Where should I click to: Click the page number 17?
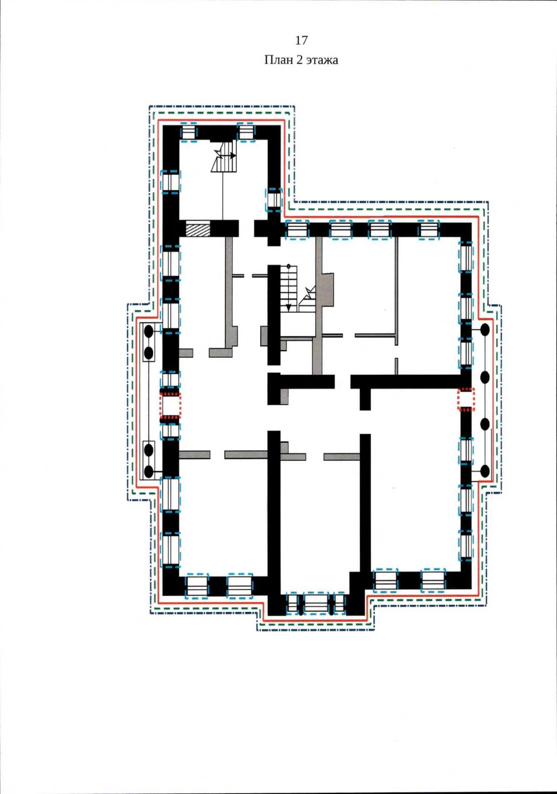click(301, 41)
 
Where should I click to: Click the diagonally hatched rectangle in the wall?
click(198, 229)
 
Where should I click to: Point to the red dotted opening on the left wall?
click(170, 406)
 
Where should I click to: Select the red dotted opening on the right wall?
click(466, 399)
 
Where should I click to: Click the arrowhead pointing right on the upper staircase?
click(233, 155)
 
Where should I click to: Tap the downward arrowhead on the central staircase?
click(288, 307)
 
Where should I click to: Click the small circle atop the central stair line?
click(288, 266)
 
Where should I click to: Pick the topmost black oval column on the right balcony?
click(485, 330)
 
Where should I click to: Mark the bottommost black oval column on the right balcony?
click(485, 471)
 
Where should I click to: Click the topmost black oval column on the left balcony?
click(149, 332)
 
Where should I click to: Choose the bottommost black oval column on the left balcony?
click(149, 472)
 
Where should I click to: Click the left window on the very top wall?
click(188, 133)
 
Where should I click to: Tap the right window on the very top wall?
click(246, 133)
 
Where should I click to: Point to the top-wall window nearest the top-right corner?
click(428, 230)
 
